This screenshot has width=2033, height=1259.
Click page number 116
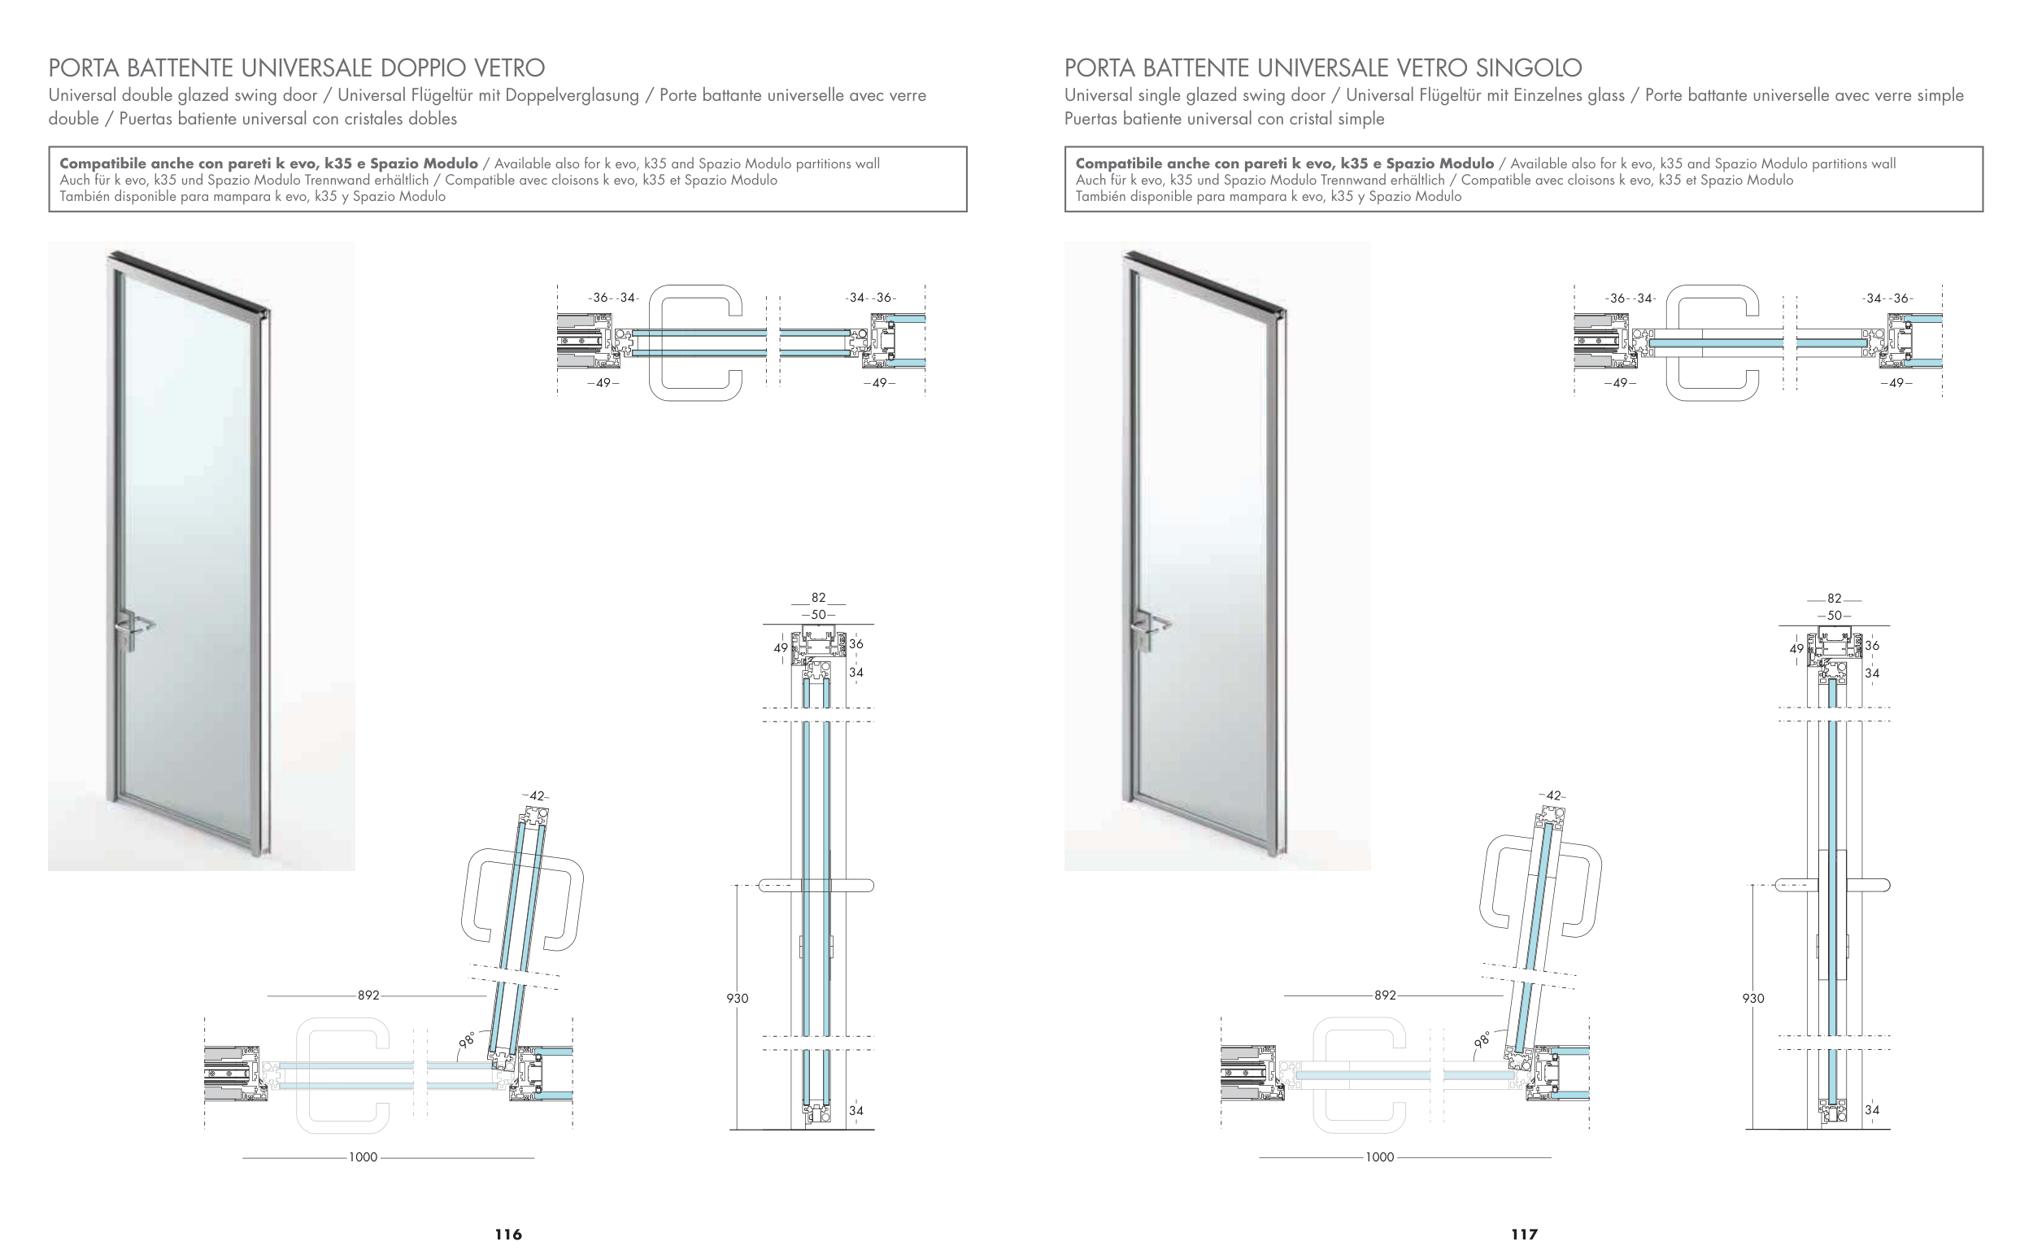pos(507,1234)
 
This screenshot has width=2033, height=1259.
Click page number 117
pos(1524,1234)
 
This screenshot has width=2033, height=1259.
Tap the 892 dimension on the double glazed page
pos(368,995)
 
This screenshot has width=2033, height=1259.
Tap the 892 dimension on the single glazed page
pos(1384,995)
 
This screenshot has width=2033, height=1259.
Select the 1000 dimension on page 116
pos(363,1157)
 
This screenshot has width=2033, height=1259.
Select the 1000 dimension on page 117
pos(1379,1157)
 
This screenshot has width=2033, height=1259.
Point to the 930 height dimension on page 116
pos(737,999)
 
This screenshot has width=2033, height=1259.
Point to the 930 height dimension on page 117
pos(1753,999)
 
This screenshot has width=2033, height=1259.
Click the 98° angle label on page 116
pos(467,1039)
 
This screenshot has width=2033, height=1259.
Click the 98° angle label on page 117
pos(1482,1039)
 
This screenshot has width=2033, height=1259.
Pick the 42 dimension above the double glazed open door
pos(536,796)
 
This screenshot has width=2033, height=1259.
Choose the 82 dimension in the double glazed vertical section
pos(818,598)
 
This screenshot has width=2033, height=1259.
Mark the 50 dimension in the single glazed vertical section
pos(1834,616)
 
